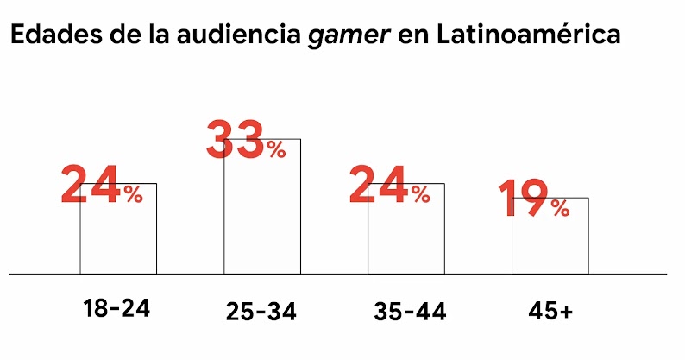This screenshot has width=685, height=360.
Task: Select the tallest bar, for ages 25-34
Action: click(262, 216)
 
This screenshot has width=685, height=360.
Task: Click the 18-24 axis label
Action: click(116, 308)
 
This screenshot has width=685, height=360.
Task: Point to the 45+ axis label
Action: click(550, 311)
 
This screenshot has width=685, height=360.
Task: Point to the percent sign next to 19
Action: click(560, 208)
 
